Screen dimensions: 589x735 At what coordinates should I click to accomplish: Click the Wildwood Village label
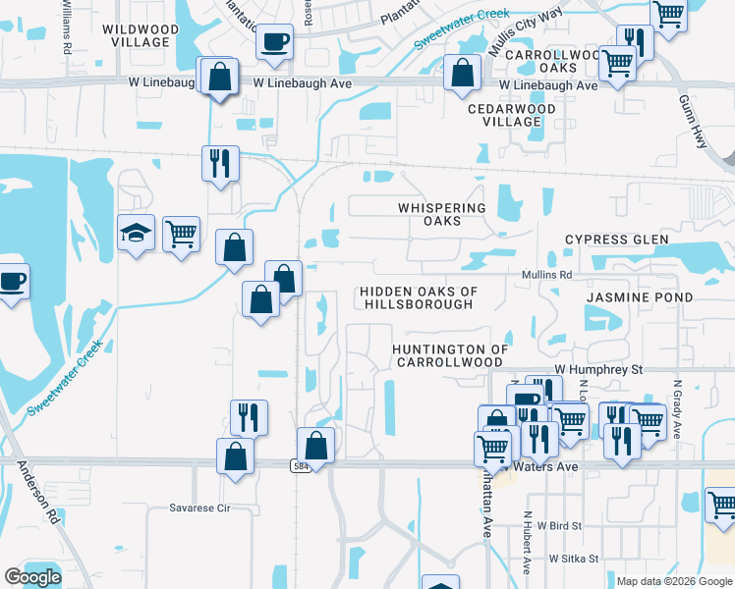click(141, 36)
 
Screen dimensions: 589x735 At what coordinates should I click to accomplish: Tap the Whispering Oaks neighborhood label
click(442, 214)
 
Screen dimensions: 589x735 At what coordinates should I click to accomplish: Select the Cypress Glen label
click(616, 240)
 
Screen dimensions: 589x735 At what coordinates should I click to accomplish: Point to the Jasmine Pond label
click(640, 296)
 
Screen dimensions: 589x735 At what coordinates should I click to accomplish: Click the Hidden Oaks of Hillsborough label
click(419, 297)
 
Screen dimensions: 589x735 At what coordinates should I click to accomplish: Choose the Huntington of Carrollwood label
click(450, 355)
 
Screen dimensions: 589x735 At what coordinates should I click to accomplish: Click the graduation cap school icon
click(137, 233)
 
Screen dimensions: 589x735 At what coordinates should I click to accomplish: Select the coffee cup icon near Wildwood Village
click(274, 42)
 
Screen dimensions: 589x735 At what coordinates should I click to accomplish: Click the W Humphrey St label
click(597, 369)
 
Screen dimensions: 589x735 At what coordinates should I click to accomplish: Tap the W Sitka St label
click(574, 558)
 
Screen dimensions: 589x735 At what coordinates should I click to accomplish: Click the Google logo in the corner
click(32, 577)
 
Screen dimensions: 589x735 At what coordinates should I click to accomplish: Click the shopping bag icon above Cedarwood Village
click(462, 73)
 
